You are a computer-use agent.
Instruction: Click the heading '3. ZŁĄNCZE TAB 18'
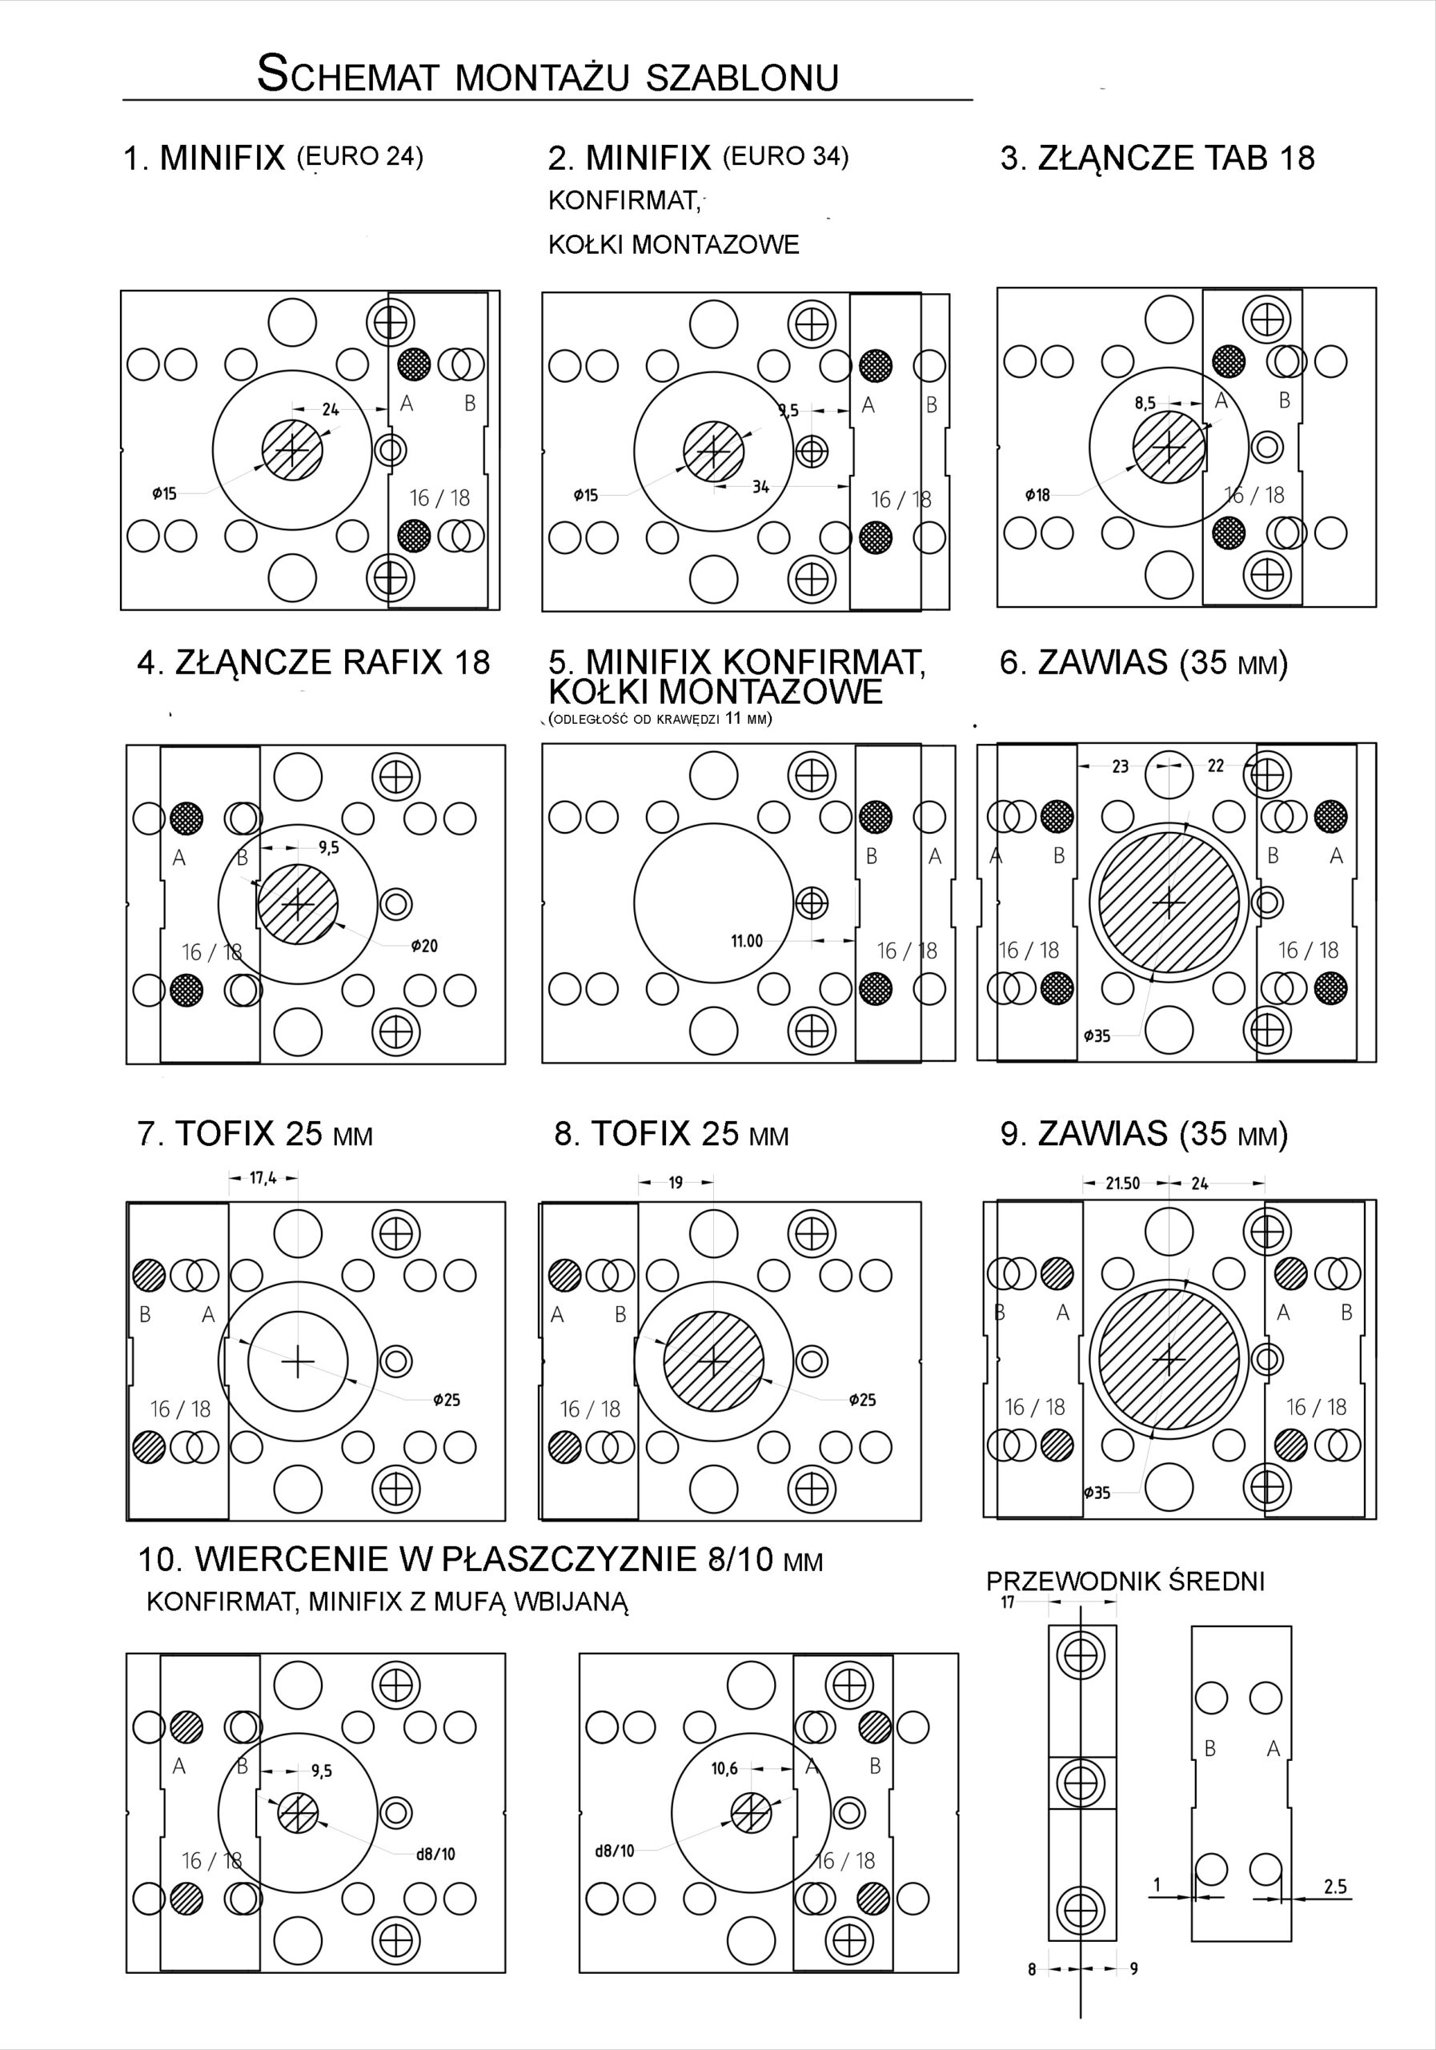point(1157,158)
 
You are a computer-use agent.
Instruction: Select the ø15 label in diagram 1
point(164,492)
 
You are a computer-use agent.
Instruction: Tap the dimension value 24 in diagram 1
point(331,410)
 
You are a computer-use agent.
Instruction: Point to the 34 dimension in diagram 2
point(760,488)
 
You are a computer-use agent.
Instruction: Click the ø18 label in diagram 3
point(1037,494)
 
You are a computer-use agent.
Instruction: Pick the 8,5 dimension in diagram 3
point(1145,403)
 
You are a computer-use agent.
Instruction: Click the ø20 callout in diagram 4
point(424,946)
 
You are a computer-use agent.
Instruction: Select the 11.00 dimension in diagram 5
point(747,940)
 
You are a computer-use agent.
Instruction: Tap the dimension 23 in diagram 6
point(1120,766)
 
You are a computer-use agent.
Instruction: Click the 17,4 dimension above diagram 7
point(263,1178)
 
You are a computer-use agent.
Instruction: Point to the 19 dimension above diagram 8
point(676,1182)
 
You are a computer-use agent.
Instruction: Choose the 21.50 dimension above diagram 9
point(1123,1183)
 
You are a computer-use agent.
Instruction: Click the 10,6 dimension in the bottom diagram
point(724,1768)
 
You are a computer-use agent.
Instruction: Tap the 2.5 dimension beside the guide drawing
point(1335,1887)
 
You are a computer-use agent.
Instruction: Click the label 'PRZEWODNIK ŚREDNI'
point(1125,1582)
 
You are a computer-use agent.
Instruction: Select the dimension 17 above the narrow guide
point(1008,1602)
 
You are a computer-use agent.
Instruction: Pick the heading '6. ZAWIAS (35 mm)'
point(1143,662)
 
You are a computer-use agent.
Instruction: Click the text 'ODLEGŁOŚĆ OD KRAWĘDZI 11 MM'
point(660,719)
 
